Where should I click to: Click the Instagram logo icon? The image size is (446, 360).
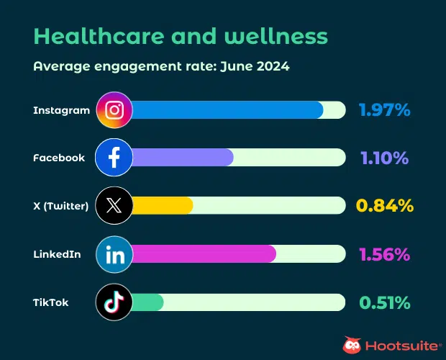pos(114,110)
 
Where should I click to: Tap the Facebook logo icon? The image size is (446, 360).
pos(114,158)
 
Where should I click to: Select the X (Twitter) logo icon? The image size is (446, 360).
pos(114,206)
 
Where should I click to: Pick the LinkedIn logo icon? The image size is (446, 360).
pos(114,254)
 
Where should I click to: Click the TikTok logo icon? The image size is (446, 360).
pos(114,302)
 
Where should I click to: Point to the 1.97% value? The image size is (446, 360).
pos(384,110)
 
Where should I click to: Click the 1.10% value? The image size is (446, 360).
pos(384,158)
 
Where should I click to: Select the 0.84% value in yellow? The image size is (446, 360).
pos(384,206)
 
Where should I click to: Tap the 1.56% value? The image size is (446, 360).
pos(384,254)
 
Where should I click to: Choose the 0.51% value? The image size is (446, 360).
pos(384,302)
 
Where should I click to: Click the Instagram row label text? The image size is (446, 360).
pos(62,110)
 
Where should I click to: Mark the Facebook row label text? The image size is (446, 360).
pos(59,158)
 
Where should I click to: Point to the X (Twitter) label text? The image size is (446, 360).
pos(60,206)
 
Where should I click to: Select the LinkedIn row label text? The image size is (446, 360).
pos(57,254)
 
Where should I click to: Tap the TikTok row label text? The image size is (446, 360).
pos(51,302)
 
